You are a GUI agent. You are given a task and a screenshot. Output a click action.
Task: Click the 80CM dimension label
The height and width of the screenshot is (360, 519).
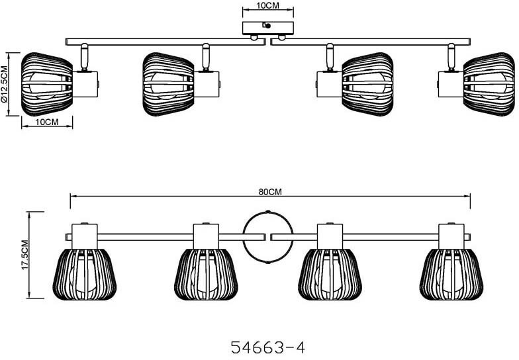270,192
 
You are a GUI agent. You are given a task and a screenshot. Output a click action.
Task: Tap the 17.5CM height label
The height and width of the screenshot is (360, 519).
26,255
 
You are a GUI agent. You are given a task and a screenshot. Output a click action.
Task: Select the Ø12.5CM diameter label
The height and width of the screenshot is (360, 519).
4,83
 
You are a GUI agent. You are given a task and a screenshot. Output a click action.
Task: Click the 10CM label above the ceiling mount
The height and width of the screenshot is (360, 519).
267,5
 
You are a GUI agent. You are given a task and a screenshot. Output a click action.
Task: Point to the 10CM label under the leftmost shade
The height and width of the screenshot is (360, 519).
47,122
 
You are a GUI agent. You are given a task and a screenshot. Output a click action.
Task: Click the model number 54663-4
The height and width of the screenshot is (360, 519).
267,348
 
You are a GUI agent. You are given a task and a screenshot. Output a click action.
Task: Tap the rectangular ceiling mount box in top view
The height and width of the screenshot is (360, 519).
267,28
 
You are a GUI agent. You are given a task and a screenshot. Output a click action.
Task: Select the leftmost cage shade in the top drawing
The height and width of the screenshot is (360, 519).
46,84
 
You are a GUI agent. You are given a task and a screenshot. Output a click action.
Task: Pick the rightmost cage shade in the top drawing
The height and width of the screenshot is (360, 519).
489,84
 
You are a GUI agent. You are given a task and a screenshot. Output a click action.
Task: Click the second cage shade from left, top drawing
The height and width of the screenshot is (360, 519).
168,84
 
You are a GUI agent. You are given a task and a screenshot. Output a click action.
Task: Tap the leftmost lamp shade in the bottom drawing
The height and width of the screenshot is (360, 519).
85,275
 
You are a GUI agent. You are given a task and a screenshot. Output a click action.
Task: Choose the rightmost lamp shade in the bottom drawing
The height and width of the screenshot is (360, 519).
451,275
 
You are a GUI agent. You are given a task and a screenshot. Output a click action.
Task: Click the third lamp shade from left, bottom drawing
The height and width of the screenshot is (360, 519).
330,275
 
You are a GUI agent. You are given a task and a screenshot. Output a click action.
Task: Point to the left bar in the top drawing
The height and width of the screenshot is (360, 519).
165,42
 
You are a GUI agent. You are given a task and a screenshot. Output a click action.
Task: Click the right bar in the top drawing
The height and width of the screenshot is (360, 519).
370,42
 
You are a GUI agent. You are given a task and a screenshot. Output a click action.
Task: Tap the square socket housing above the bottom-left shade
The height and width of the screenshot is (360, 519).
85,237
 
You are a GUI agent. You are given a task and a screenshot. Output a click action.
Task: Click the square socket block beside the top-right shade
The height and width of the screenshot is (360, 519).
451,84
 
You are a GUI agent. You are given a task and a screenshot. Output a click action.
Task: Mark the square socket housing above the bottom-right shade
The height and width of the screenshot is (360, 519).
451,237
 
